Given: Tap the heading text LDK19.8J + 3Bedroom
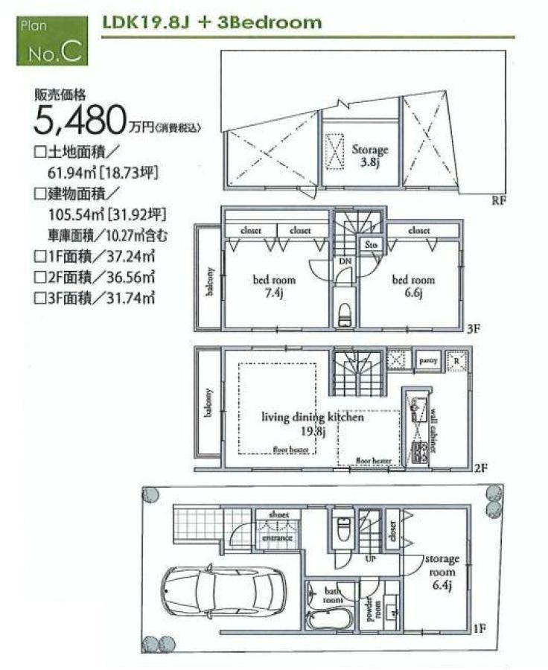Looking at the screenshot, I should [x=212, y=22].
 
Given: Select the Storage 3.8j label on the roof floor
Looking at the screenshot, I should [x=370, y=156].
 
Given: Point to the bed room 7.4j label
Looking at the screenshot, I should [x=274, y=286].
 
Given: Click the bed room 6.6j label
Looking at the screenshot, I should [x=413, y=285].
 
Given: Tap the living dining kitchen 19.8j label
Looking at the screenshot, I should [x=312, y=423].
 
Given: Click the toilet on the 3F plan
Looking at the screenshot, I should [x=344, y=313].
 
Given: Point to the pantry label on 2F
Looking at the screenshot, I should [x=427, y=361].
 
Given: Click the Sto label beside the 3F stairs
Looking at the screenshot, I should [x=371, y=244].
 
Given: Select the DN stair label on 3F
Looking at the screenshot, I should [x=345, y=262].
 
